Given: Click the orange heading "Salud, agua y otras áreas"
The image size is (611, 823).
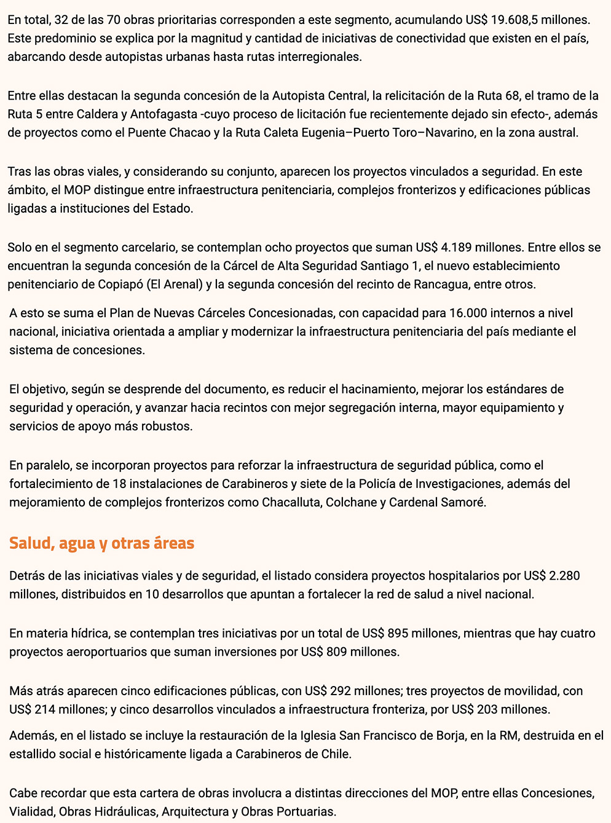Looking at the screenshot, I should click(x=101, y=543).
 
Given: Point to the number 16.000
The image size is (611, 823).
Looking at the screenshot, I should click(x=471, y=313).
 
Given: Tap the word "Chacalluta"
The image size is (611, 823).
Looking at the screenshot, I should click(x=291, y=502).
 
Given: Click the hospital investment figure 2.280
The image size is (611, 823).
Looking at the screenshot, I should click(x=564, y=576).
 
